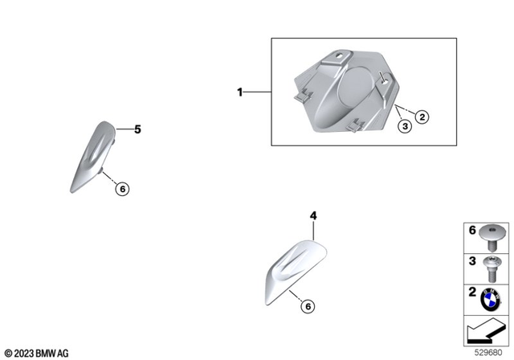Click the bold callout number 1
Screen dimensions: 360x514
click(239, 92)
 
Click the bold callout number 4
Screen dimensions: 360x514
click(314, 215)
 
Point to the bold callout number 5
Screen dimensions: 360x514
click(137, 128)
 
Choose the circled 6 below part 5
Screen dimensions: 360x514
click(122, 190)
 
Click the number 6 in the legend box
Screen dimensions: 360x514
click(473, 231)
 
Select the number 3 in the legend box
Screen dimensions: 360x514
click(473, 260)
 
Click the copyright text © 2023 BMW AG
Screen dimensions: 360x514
click(37, 353)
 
